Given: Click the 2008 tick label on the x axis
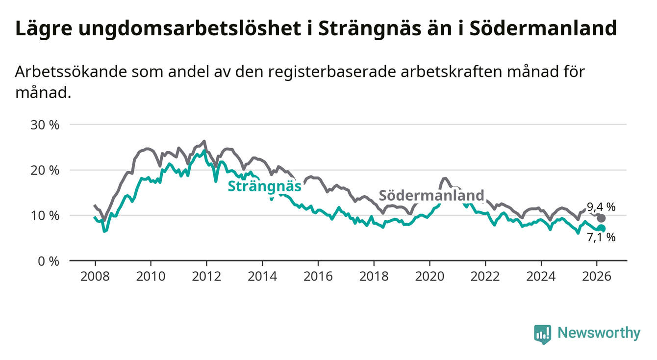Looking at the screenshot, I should (x=95, y=276).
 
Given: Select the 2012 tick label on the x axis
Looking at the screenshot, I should (x=206, y=276).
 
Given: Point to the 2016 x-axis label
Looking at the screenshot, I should (x=318, y=276).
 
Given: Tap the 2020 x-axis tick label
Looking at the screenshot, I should (x=430, y=276).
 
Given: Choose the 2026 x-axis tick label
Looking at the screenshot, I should (x=597, y=276).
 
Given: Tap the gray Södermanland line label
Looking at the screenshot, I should (x=431, y=195).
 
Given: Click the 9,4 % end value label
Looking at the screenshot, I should (x=601, y=207).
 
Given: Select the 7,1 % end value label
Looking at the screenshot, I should (x=601, y=238).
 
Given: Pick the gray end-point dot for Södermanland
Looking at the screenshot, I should (x=602, y=218).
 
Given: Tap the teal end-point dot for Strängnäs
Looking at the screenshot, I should (x=602, y=229).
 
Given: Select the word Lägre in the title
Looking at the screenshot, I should (x=43, y=29).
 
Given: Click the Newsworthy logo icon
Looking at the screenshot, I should (x=542, y=334).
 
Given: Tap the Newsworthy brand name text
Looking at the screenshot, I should (x=599, y=334).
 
